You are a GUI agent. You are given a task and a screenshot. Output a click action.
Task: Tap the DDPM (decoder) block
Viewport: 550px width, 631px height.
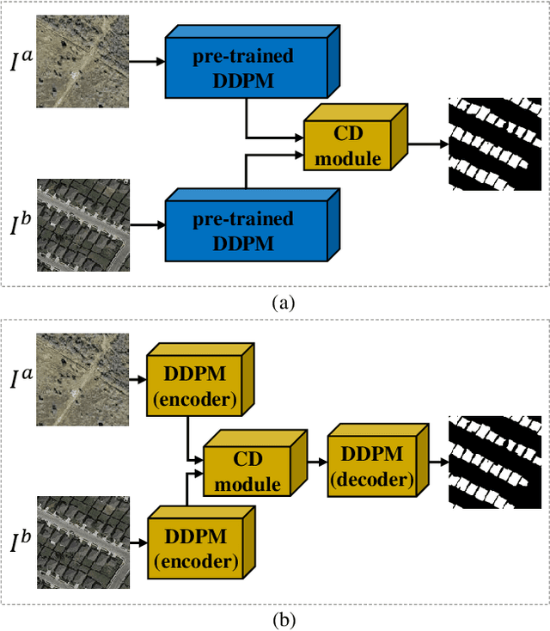(x=371, y=467)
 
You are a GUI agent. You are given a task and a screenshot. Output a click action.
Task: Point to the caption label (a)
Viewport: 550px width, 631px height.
(x=283, y=303)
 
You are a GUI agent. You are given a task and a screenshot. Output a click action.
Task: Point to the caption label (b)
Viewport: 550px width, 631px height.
(x=283, y=618)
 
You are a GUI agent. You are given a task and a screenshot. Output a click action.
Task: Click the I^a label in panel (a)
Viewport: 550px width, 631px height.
(x=21, y=62)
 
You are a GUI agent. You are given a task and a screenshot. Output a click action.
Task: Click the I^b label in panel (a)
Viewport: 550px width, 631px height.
(x=21, y=226)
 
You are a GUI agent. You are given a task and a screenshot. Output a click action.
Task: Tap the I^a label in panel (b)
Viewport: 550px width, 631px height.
(x=21, y=377)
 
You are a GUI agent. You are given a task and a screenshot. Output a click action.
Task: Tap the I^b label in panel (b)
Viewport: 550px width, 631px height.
(x=21, y=542)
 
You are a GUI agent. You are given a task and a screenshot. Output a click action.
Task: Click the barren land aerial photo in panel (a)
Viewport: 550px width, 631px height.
(x=82, y=62)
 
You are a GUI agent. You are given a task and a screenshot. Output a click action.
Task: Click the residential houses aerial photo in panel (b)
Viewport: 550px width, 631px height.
(x=82, y=542)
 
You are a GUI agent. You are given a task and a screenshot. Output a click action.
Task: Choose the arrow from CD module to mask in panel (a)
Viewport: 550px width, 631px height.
(x=427, y=144)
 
